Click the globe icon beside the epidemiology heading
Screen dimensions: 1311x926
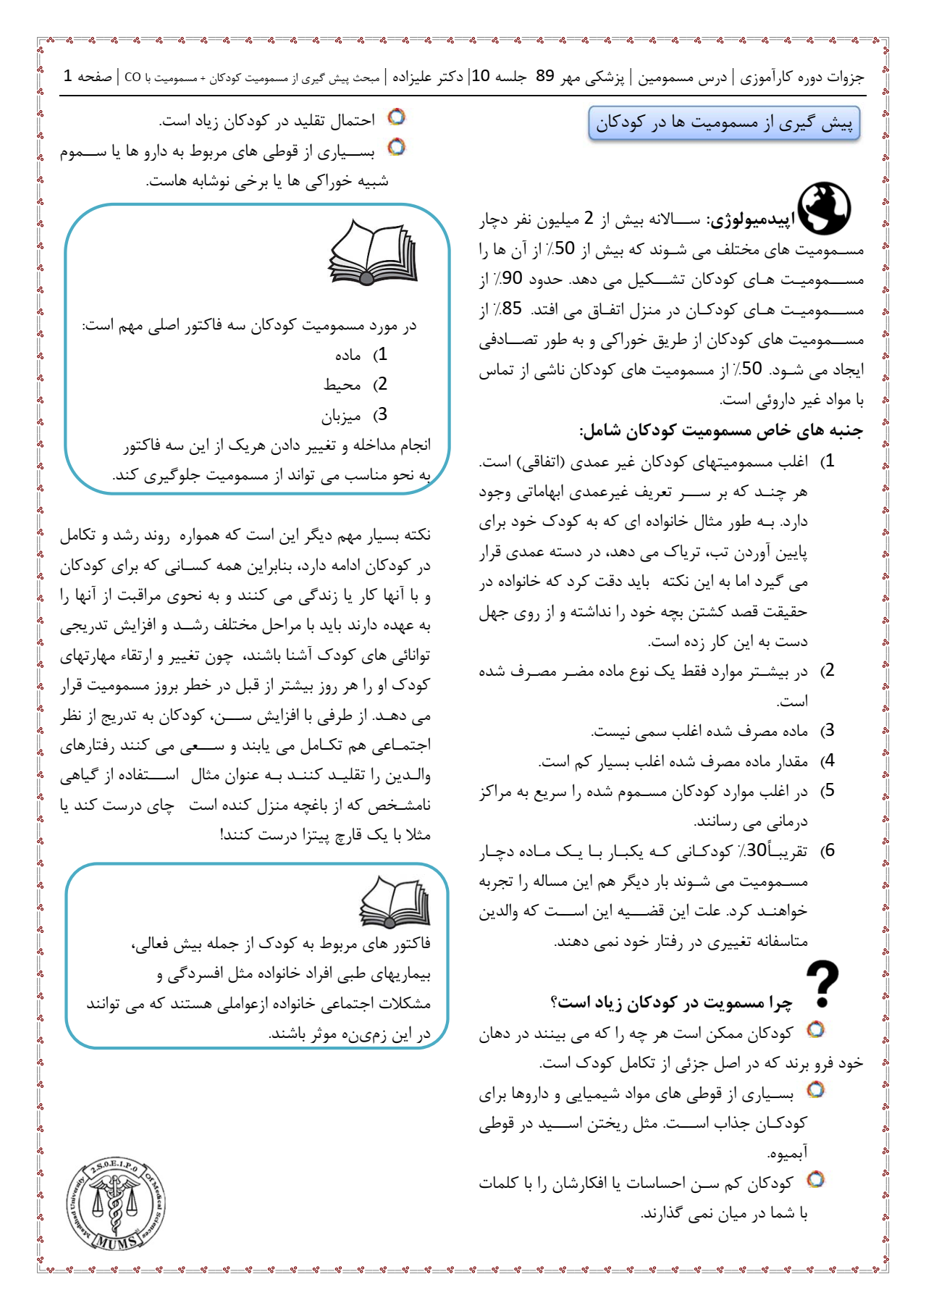pyautogui.click(x=825, y=208)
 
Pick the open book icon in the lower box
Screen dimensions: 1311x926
pyautogui.click(x=395, y=902)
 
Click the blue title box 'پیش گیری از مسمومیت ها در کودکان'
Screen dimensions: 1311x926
pyautogui.click(x=724, y=123)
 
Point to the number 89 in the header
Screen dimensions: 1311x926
pyautogui.click(x=545, y=76)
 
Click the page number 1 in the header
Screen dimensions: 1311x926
pyautogui.click(x=67, y=76)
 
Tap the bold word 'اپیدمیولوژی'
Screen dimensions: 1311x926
pyautogui.click(x=751, y=219)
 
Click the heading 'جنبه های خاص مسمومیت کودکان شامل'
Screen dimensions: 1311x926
pyautogui.click(x=721, y=431)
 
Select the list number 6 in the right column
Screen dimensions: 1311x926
pyautogui.click(x=830, y=850)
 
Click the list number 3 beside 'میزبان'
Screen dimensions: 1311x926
pyautogui.click(x=382, y=414)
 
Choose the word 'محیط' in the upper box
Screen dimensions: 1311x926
pyautogui.click(x=342, y=385)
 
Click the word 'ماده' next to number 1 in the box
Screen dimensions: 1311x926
pyautogui.click(x=348, y=355)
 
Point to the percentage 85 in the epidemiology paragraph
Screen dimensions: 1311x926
pyautogui.click(x=511, y=309)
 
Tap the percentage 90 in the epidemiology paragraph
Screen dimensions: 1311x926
pyautogui.click(x=511, y=279)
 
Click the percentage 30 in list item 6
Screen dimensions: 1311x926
pyautogui.click(x=756, y=850)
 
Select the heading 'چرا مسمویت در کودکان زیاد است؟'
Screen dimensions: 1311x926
pyautogui.click(x=671, y=1002)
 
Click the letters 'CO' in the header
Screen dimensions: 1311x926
pyautogui.click(x=132, y=77)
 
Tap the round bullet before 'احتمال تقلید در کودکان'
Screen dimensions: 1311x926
pyautogui.click(x=396, y=117)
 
